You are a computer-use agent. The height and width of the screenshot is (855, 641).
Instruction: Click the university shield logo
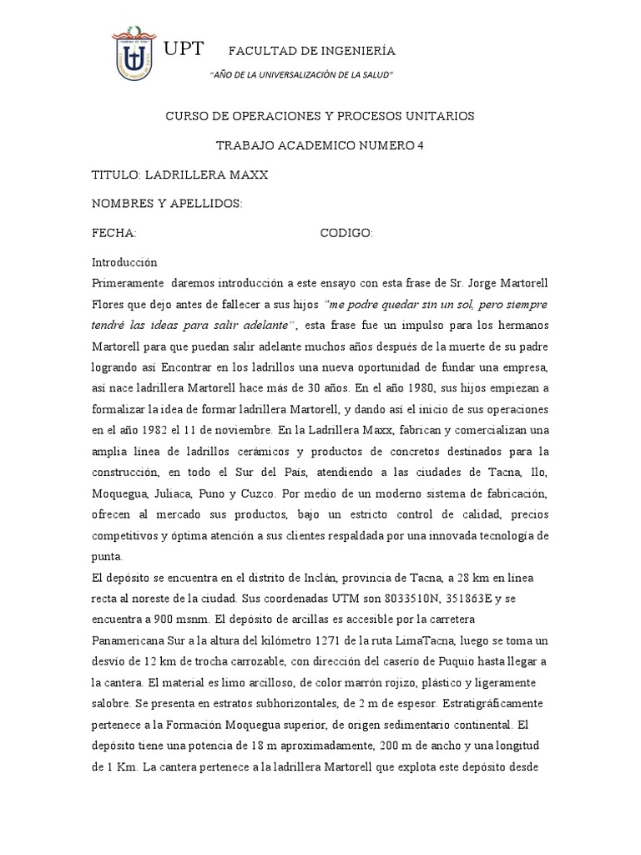[139, 59]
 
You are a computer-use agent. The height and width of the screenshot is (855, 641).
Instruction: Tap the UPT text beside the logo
[184, 49]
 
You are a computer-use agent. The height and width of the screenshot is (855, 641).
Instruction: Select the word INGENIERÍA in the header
[361, 51]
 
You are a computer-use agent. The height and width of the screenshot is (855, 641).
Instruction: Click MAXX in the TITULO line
[248, 175]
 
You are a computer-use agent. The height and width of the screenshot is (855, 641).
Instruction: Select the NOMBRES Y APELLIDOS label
[167, 204]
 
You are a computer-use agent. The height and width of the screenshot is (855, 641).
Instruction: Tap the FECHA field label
[114, 233]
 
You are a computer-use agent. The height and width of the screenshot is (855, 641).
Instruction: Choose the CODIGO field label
[346, 233]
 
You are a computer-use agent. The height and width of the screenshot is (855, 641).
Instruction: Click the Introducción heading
[124, 261]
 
